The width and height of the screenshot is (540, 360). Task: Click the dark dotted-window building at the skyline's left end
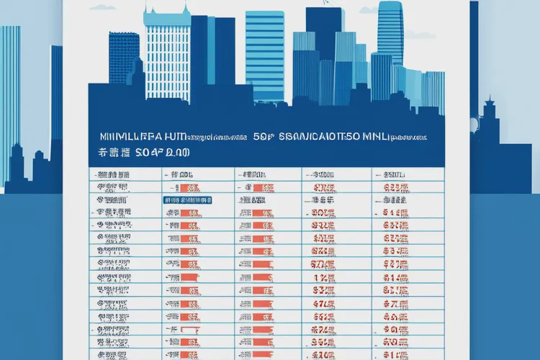pos(124,58)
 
